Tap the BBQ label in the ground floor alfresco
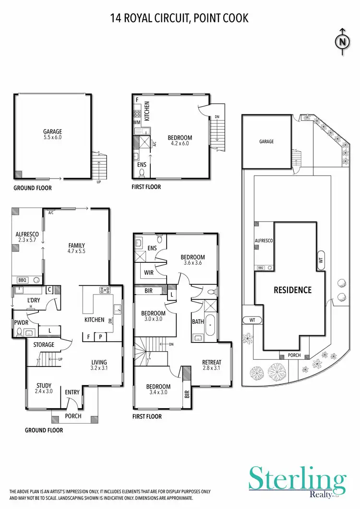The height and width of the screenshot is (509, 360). tap(22, 279)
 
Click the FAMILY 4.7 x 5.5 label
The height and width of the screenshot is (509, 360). tap(76, 248)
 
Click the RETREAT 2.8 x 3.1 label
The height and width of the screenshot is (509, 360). tap(211, 365)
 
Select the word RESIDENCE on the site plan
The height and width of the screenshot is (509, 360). tap(292, 290)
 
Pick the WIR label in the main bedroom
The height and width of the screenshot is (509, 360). tap(148, 273)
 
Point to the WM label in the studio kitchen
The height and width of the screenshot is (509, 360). tap(137, 123)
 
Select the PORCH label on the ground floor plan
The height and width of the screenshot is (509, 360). tap(73, 416)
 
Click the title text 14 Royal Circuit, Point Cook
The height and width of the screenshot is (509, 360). tap(180, 18)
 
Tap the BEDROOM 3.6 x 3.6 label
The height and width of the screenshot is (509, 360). tap(193, 260)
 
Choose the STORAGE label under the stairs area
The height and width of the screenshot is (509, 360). tap(44, 344)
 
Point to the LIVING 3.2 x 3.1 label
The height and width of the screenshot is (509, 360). tap(100, 365)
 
